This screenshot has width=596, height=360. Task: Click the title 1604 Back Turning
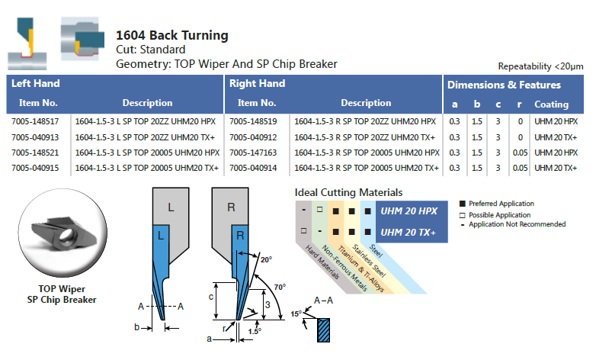(x=171, y=36)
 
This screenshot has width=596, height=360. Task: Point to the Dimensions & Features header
(x=504, y=85)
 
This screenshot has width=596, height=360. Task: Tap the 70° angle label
(x=280, y=287)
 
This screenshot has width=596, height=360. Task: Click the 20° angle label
(x=264, y=259)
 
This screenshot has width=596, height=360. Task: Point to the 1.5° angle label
(x=254, y=330)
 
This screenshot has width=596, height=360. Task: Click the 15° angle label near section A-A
(x=296, y=313)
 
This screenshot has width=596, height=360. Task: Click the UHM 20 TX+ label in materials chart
(x=409, y=231)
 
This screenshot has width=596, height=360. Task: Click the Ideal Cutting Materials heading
(x=348, y=193)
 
